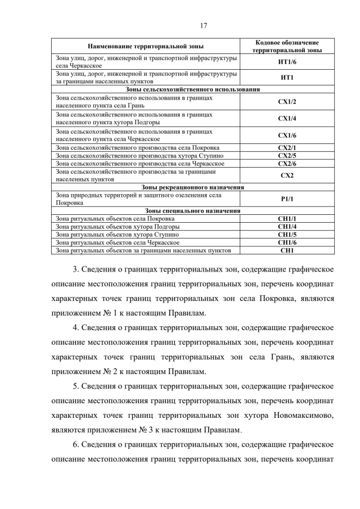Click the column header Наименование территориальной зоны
pos(146,46)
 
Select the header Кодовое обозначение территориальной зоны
pos(287,46)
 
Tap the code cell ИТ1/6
pos(287,62)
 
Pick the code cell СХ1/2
pos(287,102)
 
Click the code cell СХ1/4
pos(287,119)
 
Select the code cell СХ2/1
pos(287,148)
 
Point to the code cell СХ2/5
pos(287,156)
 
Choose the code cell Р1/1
pos(287,199)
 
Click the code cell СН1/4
pos(287,227)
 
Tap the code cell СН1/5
pos(287,235)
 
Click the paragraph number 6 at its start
pos(76,445)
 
